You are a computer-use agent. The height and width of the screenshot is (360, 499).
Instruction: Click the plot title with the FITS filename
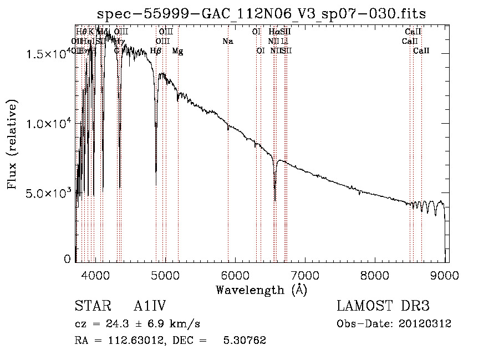262,14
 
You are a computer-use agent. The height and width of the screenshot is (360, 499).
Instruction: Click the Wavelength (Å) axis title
261,289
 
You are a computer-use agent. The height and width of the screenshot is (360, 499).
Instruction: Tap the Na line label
228,41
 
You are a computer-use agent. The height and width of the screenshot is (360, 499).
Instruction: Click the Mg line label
177,51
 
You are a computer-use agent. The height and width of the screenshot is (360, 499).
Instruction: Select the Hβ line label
156,51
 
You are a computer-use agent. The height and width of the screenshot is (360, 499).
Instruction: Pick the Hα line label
274,32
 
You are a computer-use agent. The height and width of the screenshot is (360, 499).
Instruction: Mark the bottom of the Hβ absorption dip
156,185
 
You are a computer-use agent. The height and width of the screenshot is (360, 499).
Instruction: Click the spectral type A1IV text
150,306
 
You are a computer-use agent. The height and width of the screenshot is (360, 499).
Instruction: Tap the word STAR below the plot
89,306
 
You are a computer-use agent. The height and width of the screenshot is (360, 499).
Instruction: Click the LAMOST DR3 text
383,306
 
